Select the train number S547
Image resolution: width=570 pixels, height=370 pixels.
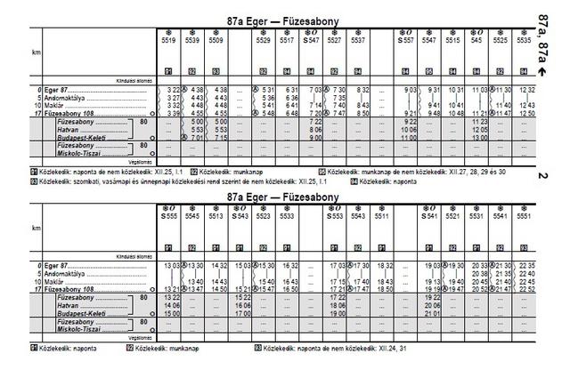tap(312, 40)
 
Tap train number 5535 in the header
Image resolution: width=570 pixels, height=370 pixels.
tap(525, 40)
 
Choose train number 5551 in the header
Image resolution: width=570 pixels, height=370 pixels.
tap(525, 215)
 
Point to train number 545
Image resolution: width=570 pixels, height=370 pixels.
tap(476, 40)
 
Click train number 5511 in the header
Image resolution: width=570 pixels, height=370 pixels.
tap(381, 215)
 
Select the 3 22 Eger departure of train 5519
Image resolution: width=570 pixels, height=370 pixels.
tap(174, 90)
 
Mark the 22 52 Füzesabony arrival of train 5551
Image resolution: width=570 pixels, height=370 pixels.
tap(526, 289)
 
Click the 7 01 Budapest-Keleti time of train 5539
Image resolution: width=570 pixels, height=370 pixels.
tap(195, 138)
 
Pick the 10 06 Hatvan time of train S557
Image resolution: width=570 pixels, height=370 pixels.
tap(409, 130)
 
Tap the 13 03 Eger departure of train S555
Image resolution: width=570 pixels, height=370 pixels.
tap(172, 266)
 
